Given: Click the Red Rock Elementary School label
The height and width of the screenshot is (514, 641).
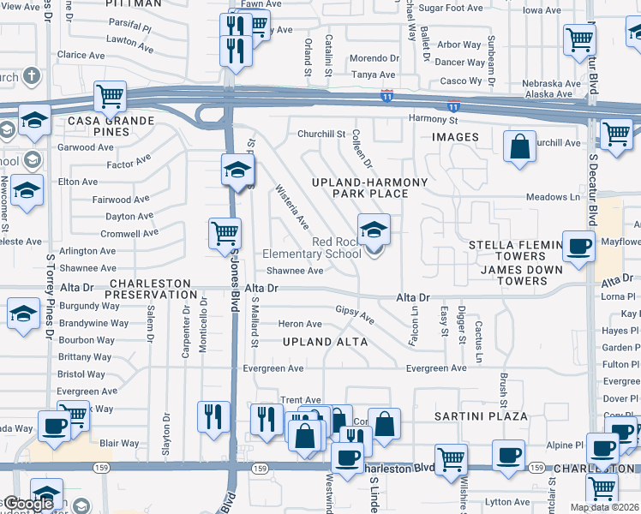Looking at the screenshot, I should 313,248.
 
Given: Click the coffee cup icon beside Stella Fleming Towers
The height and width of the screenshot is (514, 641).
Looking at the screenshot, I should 579,246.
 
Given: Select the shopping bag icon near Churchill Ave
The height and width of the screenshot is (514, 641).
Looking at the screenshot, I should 519,146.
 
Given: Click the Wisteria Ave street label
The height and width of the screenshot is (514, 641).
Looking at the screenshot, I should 291,207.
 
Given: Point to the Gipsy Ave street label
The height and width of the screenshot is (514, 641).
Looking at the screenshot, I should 355,314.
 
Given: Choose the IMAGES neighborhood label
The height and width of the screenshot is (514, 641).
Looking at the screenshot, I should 455,137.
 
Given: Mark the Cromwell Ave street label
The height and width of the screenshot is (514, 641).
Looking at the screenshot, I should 129,233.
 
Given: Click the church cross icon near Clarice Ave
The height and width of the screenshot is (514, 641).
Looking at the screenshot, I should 31,76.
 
